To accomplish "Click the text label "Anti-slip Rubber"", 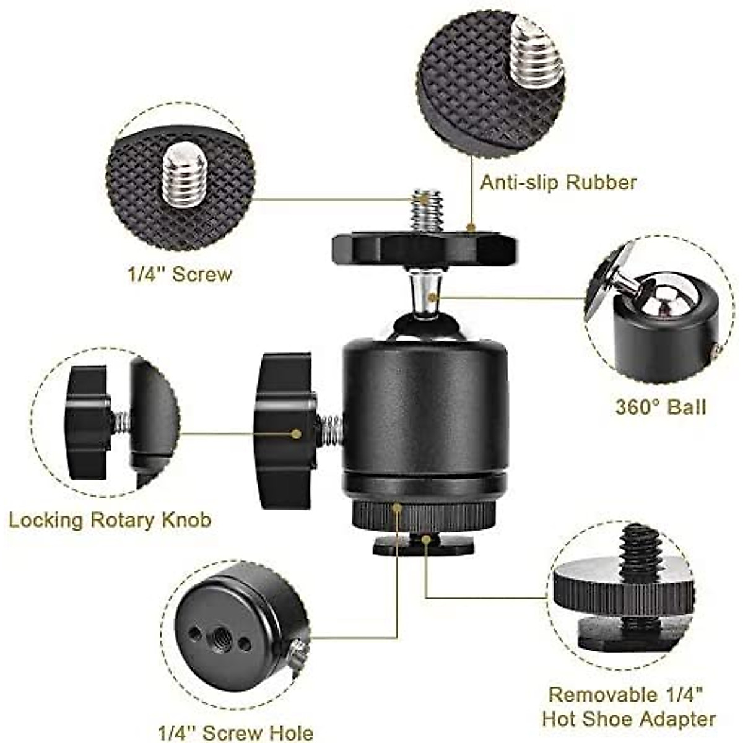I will coord(558,183).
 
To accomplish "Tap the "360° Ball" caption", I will coord(660,407).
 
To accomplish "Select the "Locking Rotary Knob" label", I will coord(110,519).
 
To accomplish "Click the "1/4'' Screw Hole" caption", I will coord(235,732).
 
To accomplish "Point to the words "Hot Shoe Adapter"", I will coord(628,719).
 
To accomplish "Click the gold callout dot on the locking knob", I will coord(297,434).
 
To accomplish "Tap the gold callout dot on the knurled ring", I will coord(397,508).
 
